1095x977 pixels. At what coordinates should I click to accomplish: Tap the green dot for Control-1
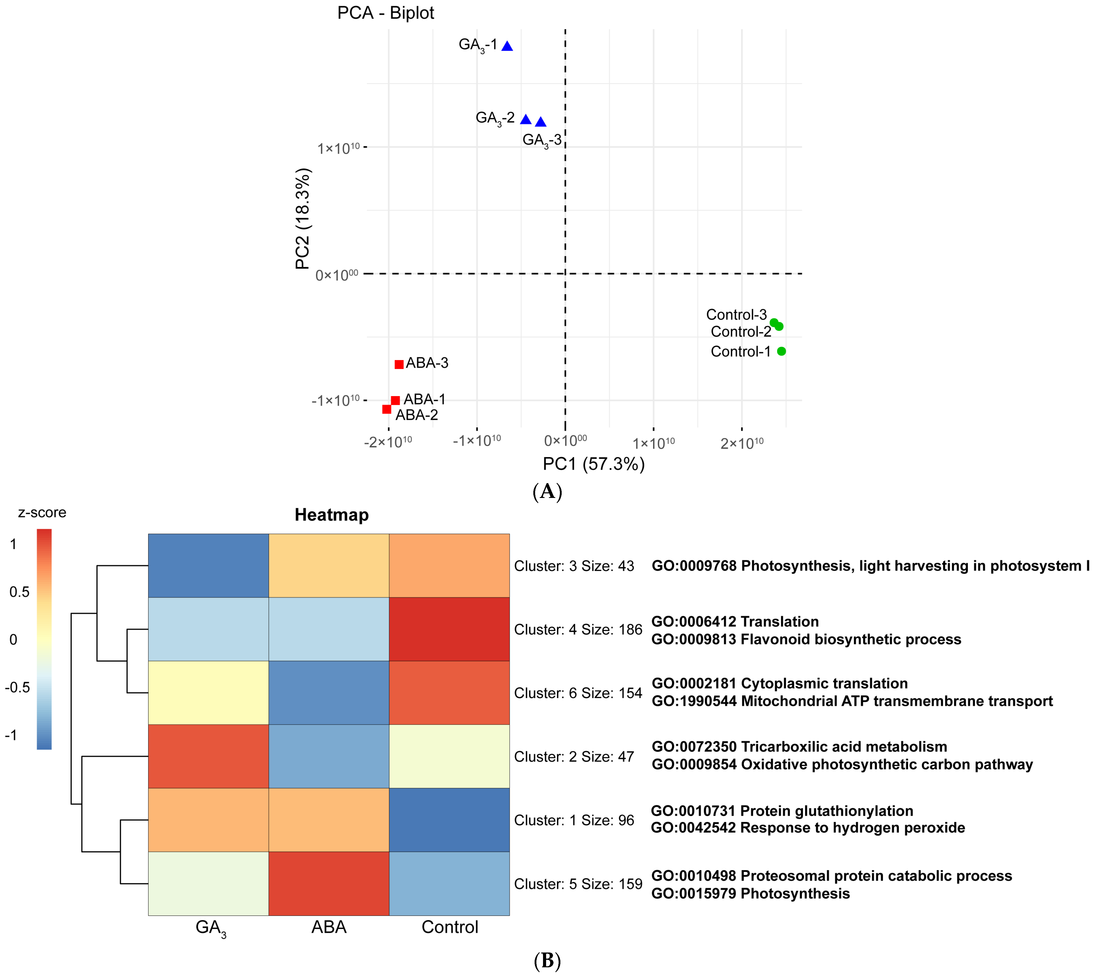(x=781, y=351)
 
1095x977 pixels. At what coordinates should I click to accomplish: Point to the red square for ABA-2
(x=386, y=409)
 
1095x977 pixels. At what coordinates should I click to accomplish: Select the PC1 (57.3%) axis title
(x=593, y=464)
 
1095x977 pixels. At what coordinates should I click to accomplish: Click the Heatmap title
(x=331, y=515)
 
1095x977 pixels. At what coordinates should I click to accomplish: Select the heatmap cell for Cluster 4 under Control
(x=449, y=629)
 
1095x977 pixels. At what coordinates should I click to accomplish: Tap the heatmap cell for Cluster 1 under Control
(x=449, y=820)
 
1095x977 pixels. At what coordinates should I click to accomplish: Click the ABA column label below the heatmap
(x=329, y=927)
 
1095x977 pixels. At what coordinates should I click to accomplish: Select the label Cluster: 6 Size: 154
(x=578, y=693)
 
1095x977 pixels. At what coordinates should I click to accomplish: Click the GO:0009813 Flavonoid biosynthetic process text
(x=806, y=639)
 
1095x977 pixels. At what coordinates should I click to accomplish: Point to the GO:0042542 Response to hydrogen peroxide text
(x=808, y=828)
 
